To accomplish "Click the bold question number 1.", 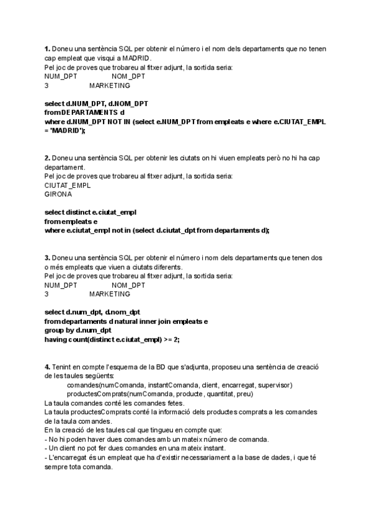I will click(47, 49).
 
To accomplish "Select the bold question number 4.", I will click(47, 367).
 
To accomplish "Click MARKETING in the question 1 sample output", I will click(110, 86).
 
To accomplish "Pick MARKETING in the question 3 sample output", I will click(110, 294).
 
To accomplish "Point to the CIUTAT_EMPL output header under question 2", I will click(68, 185).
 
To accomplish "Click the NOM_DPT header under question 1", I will click(128, 76).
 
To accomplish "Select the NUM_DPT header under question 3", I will click(61, 285).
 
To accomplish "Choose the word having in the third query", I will click(56, 340).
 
